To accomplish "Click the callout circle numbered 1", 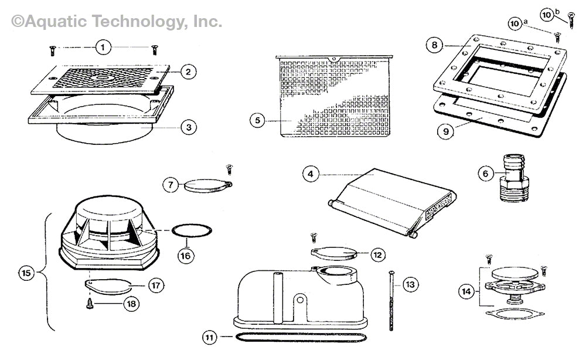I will (103, 47).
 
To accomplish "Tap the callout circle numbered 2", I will (188, 72).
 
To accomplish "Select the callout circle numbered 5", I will (257, 121).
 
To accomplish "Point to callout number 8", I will (434, 45).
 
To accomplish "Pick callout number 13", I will (410, 285).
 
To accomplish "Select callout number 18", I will (131, 303).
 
